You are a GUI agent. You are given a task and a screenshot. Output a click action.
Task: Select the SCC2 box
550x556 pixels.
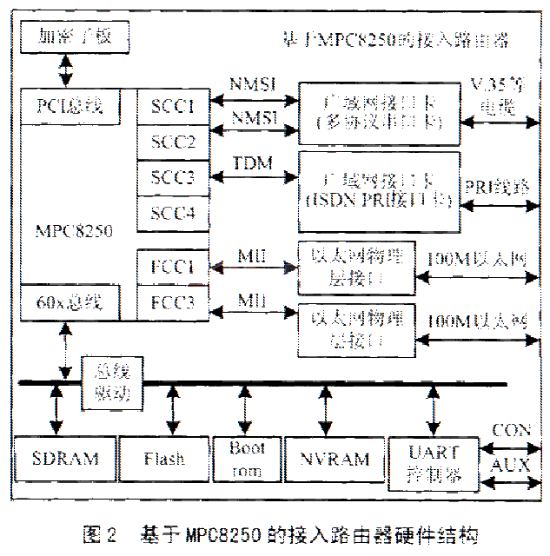173,141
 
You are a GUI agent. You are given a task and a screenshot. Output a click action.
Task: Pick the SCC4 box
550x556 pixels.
173,214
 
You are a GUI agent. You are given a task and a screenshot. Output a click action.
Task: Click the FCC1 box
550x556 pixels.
173,265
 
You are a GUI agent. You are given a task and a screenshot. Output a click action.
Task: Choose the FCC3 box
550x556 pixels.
173,302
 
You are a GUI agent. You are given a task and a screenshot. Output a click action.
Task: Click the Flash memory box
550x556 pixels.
162,458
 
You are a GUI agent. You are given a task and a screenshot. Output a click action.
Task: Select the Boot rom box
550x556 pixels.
247,458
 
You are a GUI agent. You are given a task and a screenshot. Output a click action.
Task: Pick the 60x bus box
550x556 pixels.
70,302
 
